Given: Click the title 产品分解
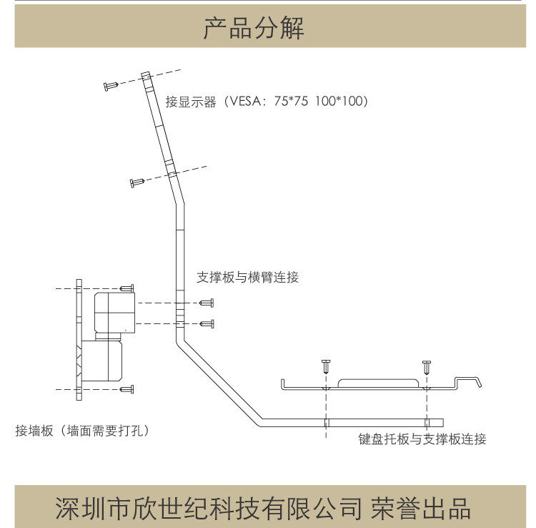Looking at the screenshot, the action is pos(254,29).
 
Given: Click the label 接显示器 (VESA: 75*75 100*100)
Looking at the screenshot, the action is pos(267,102).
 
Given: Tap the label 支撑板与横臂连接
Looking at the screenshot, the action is pos(247,277).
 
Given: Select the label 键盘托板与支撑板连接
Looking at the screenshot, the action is pos(422,439).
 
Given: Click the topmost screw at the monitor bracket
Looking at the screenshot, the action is pos(111,86).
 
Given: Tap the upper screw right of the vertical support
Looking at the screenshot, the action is pos(207,303).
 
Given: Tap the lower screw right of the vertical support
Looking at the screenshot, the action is pos(207,323).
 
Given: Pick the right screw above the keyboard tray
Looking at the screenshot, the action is pos(427,366).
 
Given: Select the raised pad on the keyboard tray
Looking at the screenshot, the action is pos(377,383).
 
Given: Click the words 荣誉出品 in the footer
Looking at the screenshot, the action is pos(422,509).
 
